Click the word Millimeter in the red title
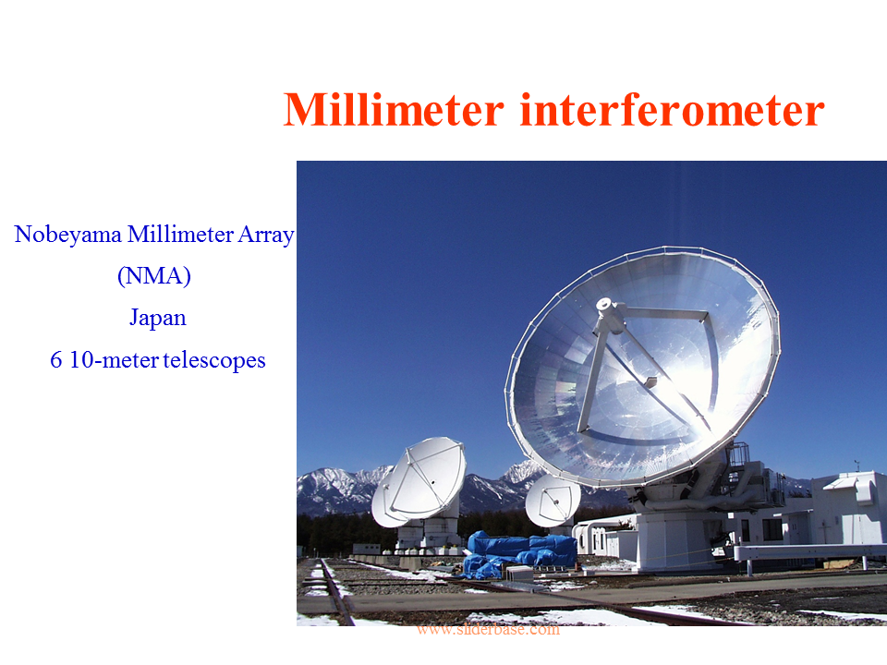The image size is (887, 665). click(394, 109)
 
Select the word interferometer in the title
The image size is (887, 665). click(672, 109)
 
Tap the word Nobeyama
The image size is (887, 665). click(67, 235)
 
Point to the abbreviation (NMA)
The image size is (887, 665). click(154, 276)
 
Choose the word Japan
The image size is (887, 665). click(158, 318)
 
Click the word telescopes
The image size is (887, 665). click(214, 360)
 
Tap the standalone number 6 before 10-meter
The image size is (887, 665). click(56, 360)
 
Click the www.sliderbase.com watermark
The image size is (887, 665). click(488, 629)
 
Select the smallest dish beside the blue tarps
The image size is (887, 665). click(553, 500)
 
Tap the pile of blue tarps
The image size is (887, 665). click(519, 555)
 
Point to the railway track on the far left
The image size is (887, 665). click(334, 591)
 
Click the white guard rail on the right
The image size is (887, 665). click(810, 552)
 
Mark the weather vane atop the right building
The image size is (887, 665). click(857, 465)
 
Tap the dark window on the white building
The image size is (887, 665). click(772, 529)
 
